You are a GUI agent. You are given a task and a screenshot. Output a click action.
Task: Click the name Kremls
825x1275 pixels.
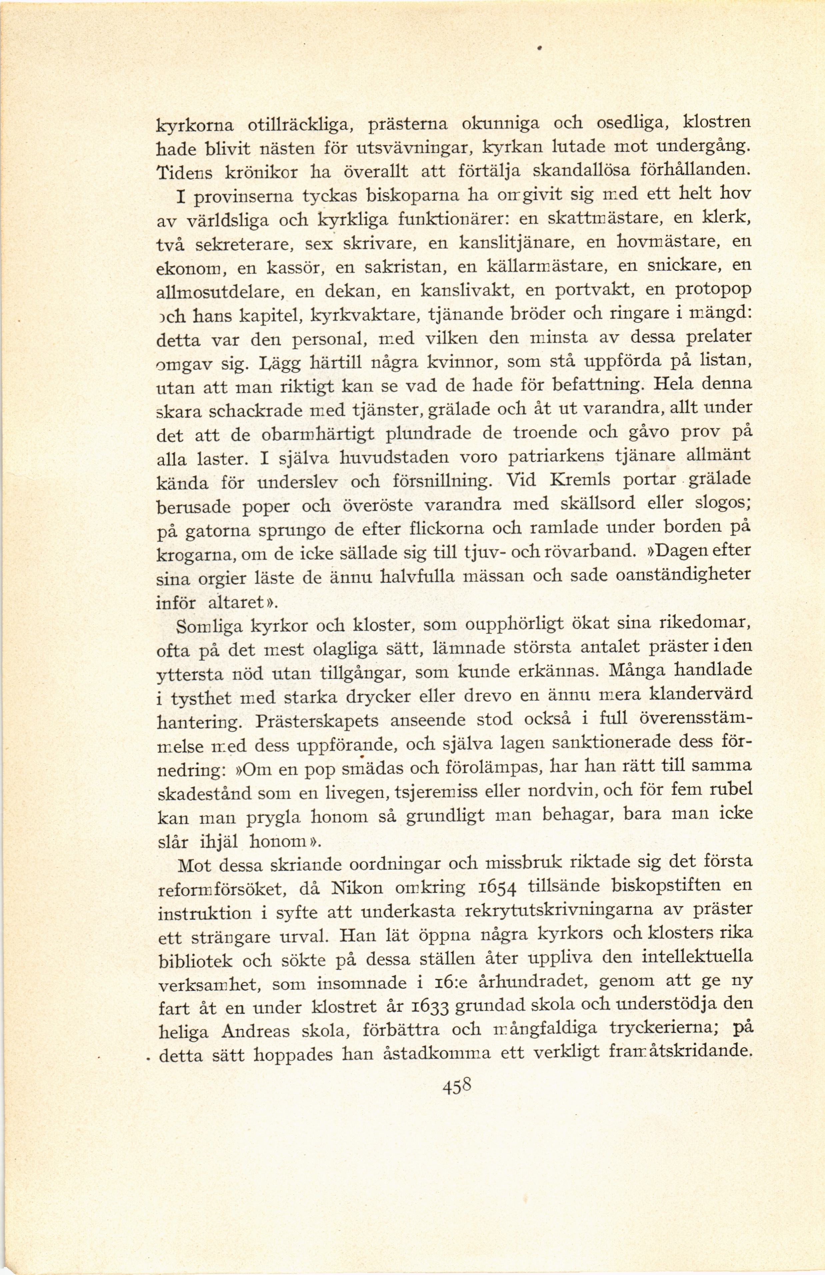[x=580, y=480]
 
